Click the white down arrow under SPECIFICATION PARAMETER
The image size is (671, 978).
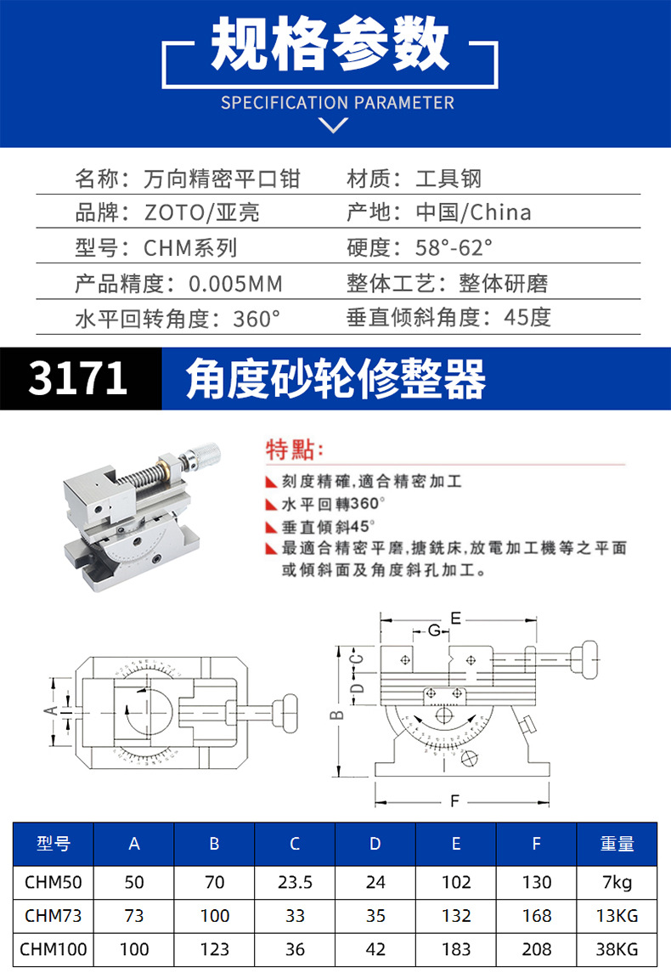coord(332,126)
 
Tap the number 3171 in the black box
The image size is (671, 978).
coord(78,379)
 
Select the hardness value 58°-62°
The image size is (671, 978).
coord(454,248)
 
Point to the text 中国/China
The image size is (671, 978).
coord(474,212)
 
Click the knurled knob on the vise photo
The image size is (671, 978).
coord(204,456)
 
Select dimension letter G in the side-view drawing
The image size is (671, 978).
coord(434,630)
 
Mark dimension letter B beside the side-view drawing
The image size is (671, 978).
coord(337,714)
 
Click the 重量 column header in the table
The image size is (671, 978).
coord(617,844)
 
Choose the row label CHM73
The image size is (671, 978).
coord(53,916)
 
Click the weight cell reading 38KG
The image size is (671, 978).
coord(617,949)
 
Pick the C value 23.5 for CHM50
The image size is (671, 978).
coord(295,883)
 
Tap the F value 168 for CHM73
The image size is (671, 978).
coord(536,916)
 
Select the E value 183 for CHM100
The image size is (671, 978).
coord(456,949)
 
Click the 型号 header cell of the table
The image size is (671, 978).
coord(53,844)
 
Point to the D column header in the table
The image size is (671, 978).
coord(375,844)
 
